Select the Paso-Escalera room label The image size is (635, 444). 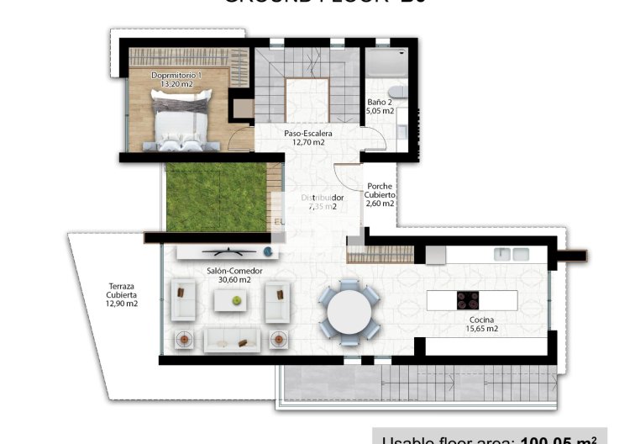tap(308, 133)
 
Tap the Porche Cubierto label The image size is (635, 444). tap(379, 194)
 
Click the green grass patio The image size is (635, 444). tap(214, 197)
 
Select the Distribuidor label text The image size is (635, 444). tap(323, 198)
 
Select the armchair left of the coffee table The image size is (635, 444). tap(184, 301)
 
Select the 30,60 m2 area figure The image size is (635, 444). tap(234, 279)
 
